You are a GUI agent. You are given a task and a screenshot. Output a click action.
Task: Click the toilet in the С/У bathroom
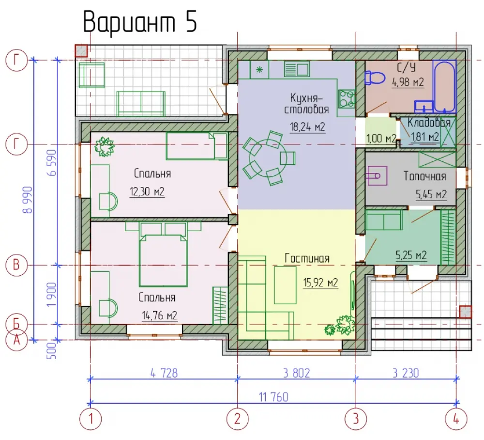pyautogui.click(x=375, y=78)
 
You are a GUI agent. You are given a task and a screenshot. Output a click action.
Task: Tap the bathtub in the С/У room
pyautogui.click(x=444, y=86)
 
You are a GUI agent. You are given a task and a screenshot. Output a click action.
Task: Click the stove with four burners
pyautogui.click(x=347, y=98)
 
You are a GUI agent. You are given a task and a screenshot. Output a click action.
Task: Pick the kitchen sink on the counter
pyautogui.click(x=297, y=69)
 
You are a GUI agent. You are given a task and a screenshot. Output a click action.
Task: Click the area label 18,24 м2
pyautogui.click(x=307, y=126)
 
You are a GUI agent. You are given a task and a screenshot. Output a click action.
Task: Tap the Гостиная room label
pyautogui.click(x=307, y=258)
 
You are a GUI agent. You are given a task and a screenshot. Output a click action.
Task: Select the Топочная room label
pyautogui.click(x=425, y=176)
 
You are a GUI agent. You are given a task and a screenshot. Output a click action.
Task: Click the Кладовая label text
pyautogui.click(x=429, y=123)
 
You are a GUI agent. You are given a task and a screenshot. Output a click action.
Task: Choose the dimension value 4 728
pyautogui.click(x=164, y=373)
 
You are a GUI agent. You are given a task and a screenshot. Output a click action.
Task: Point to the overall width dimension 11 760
pyautogui.click(x=273, y=397)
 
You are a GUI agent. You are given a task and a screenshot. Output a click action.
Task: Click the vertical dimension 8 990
pyautogui.click(x=28, y=200)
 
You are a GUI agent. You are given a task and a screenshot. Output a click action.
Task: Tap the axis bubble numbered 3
pyautogui.click(x=356, y=419)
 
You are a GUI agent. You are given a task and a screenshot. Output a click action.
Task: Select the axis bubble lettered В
pyautogui.click(x=16, y=265)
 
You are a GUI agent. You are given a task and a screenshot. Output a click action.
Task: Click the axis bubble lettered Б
pyautogui.click(x=16, y=325)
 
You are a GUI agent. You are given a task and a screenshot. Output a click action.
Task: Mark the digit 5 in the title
pyautogui.click(x=191, y=22)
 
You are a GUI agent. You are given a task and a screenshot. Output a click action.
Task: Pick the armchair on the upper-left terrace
pyautogui.click(x=91, y=76)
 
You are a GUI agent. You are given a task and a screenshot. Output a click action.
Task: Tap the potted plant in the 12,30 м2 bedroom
pyautogui.click(x=105, y=146)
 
